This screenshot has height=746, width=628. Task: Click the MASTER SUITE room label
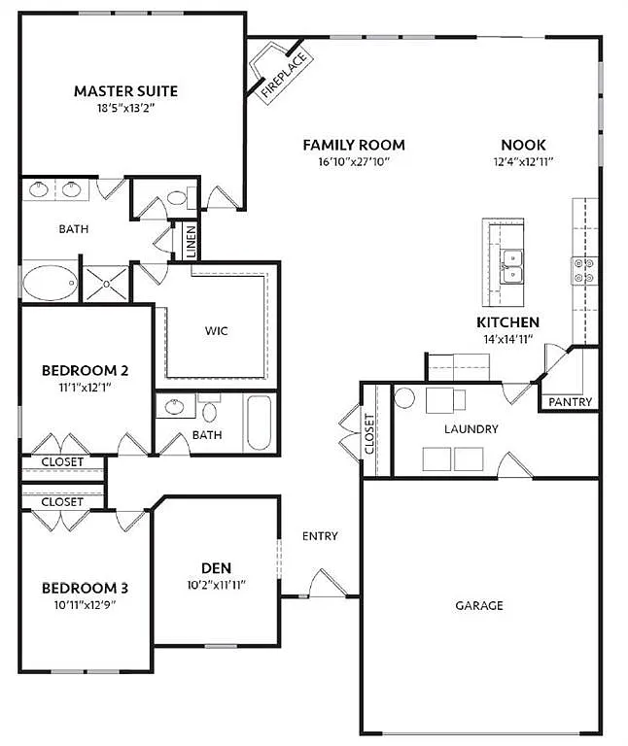pyautogui.click(x=125, y=91)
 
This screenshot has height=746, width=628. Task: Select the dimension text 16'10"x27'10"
pyautogui.click(x=353, y=162)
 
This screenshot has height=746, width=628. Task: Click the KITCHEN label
pyautogui.click(x=507, y=322)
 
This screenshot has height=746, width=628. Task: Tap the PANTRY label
pyautogui.click(x=570, y=402)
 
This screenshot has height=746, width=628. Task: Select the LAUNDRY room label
pyautogui.click(x=471, y=428)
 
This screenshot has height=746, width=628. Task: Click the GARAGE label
pyautogui.click(x=480, y=605)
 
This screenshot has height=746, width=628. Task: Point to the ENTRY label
pyautogui.click(x=320, y=536)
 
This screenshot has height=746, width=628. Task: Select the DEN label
pyautogui.click(x=216, y=567)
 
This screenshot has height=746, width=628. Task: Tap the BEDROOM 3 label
pyautogui.click(x=85, y=588)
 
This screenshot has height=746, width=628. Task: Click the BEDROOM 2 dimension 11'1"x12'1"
pyautogui.click(x=85, y=389)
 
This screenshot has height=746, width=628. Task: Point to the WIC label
pyautogui.click(x=216, y=330)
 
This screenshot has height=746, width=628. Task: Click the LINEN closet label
pyautogui.click(x=192, y=241)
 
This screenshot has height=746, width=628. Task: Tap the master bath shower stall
pyautogui.click(x=104, y=284)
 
